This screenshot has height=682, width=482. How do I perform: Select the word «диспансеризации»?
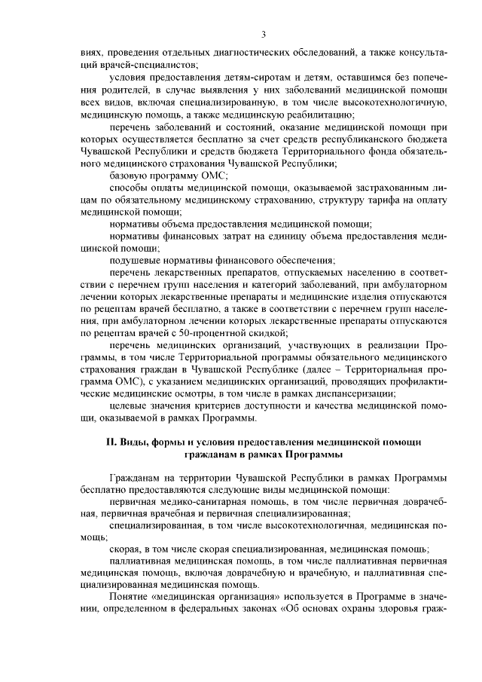pyautogui.click(x=352, y=393)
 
